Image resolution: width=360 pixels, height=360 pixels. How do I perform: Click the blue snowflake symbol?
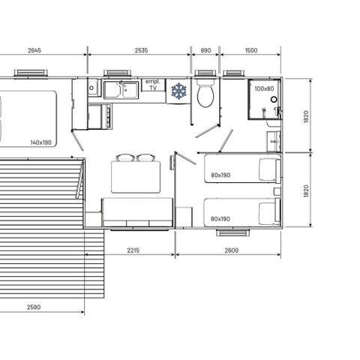[x=179, y=91]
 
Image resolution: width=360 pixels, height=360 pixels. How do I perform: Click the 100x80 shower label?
[x=263, y=88]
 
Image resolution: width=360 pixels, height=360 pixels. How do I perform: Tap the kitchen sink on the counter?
[x=121, y=91]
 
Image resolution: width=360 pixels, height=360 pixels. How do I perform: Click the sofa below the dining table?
[x=134, y=211]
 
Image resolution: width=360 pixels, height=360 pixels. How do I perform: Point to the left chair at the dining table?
[x=125, y=157]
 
